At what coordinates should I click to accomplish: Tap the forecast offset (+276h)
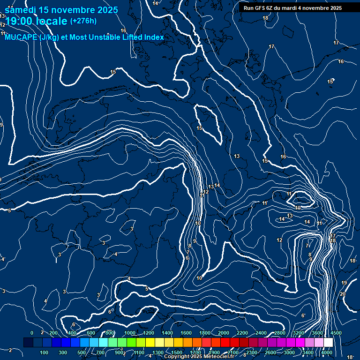83,21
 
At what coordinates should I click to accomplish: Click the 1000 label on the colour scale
129,333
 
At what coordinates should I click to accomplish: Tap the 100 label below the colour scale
45,352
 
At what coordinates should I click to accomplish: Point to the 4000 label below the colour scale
327,352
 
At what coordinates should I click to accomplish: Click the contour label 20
342,294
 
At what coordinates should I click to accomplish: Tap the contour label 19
344,283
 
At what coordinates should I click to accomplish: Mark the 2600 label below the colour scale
270,352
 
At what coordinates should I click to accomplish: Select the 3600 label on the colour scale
317,333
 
